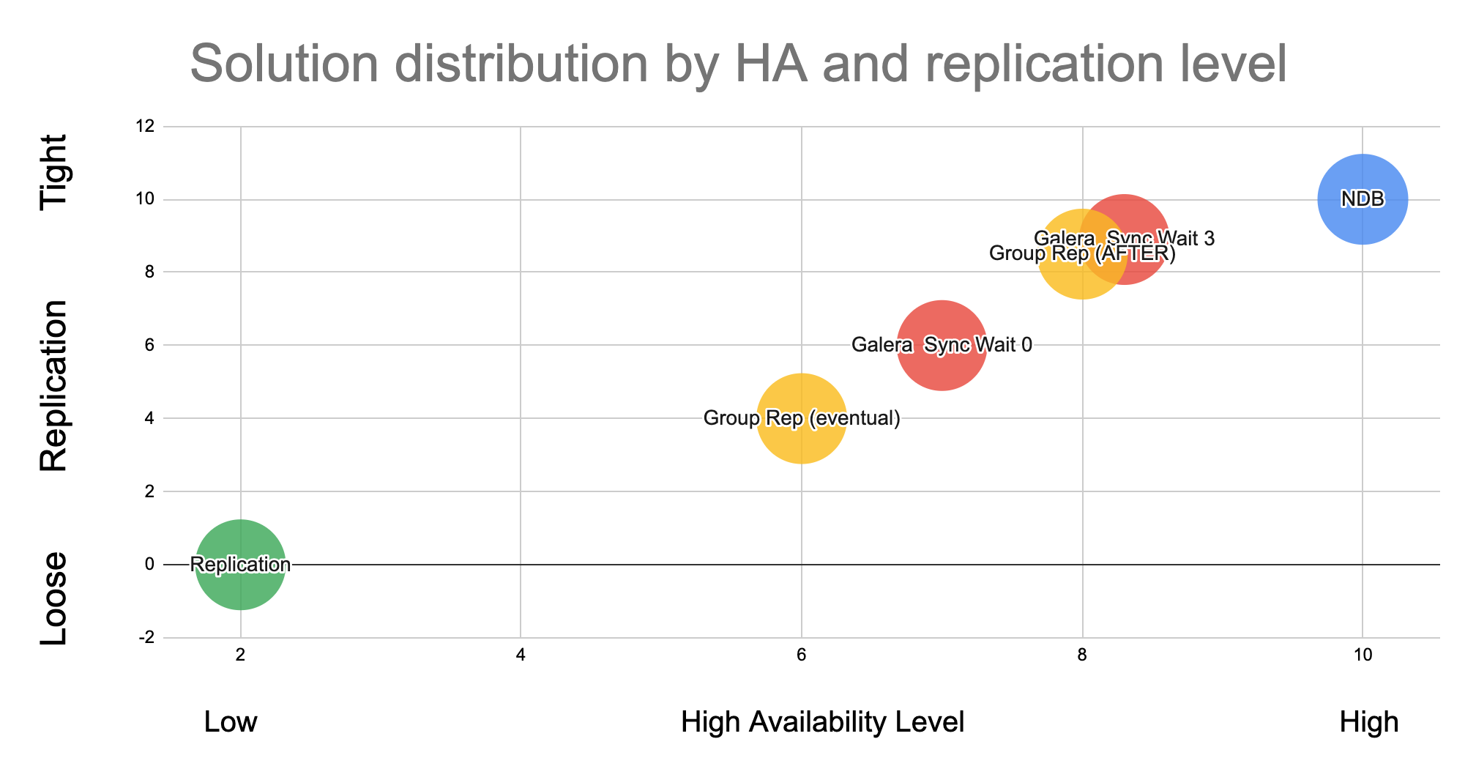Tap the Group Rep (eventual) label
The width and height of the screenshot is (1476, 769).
(x=802, y=418)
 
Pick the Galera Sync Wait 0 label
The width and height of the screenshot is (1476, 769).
(x=942, y=344)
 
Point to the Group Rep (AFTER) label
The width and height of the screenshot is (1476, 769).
(x=1082, y=254)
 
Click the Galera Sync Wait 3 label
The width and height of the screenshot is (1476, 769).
(x=1125, y=239)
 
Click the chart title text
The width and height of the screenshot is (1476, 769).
(x=738, y=64)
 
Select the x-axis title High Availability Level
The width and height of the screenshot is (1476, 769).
(x=822, y=723)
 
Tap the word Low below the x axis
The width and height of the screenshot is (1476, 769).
(x=231, y=723)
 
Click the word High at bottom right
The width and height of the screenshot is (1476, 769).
(x=1368, y=723)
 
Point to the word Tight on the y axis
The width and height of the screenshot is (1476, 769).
(x=53, y=173)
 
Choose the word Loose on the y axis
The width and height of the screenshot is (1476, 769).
(x=53, y=599)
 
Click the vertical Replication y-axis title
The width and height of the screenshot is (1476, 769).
(x=53, y=385)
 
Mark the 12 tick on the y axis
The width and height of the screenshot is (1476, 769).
(x=146, y=127)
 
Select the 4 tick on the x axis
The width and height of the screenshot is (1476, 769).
(x=521, y=655)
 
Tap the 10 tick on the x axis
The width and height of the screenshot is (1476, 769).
(x=1362, y=655)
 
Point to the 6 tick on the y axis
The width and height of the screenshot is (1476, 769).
(x=149, y=345)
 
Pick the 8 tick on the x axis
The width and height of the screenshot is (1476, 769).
(x=1082, y=655)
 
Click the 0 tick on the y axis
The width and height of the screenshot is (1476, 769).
(x=149, y=564)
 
